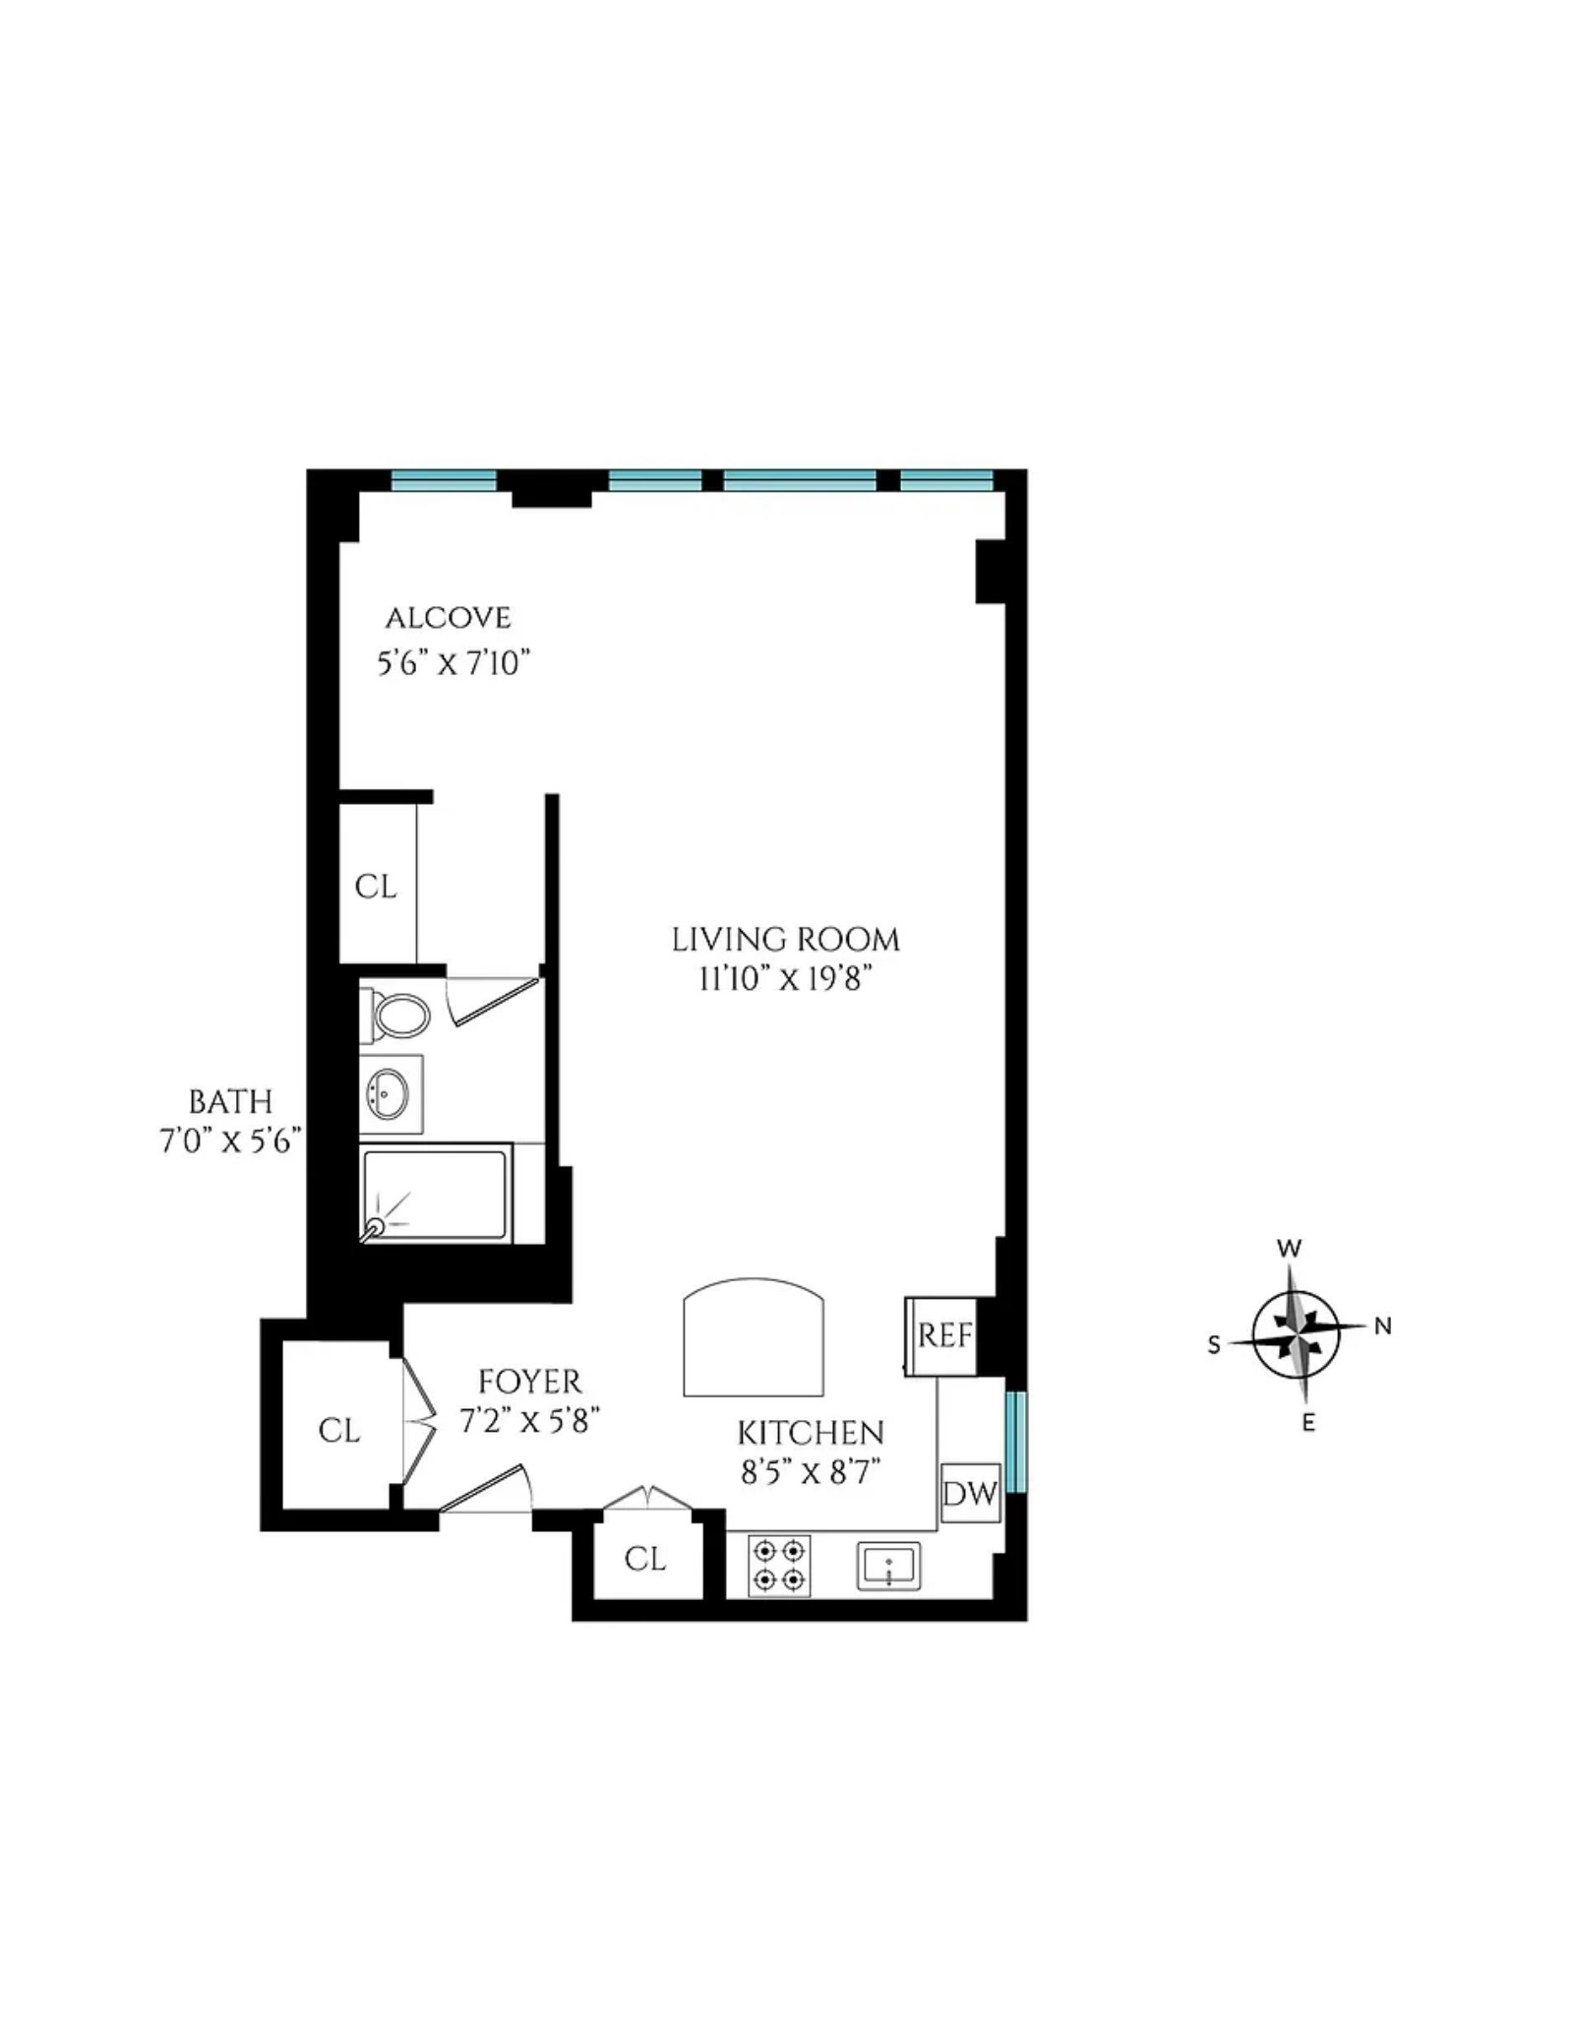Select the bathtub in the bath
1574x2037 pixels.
coord(436,1194)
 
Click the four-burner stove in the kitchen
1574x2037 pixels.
coord(779,1566)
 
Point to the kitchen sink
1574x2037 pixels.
coord(888,1567)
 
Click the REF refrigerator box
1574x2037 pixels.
coord(941,1335)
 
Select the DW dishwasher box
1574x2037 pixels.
coord(970,1493)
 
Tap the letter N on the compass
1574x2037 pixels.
coord(1382,1327)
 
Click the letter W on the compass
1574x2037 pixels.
coord(1289,1250)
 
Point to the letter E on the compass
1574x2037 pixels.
coord(1308,1422)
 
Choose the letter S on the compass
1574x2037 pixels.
coord(1214,1345)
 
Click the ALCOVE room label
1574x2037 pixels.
coord(449,618)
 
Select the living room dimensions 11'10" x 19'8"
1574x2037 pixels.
coord(786,979)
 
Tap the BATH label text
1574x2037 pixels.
coord(230,1101)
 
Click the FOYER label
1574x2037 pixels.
coord(530,1382)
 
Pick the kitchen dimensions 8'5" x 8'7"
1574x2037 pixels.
coord(810,1472)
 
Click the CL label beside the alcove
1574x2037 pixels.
coord(376,887)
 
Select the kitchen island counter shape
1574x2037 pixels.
coord(754,1336)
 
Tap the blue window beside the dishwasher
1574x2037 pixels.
coord(1016,1441)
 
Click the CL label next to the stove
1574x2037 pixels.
coord(645,1559)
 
